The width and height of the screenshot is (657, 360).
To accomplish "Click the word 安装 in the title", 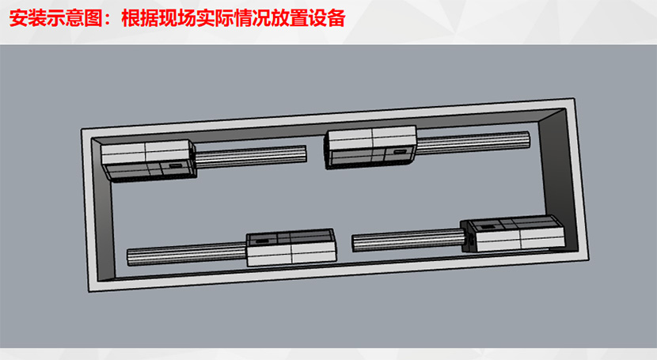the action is coord(27,18).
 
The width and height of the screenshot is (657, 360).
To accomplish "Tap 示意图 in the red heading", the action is coord(74,18).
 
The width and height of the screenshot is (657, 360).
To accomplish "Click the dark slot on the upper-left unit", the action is coord(176,166).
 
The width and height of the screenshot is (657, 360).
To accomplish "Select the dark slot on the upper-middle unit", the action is coord(399,152).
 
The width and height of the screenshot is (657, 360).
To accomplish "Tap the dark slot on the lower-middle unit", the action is coord(263,241).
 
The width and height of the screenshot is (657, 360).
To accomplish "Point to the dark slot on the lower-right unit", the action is coord(487,227).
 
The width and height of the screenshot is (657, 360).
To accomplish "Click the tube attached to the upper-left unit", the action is coord(251,156).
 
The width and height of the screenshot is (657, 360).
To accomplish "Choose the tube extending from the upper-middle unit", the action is coord(473,142).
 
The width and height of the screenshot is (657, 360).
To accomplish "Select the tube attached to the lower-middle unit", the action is coord(187,254).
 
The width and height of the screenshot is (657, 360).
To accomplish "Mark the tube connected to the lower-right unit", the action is coord(408,241).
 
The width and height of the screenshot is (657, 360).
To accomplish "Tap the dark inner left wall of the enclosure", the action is coord(103,210).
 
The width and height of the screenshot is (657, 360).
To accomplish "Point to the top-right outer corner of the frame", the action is coord(574,98).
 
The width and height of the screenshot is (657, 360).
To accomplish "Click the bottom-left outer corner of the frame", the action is coord(89,292).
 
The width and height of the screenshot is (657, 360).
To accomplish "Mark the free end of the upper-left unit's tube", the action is coord(306,153).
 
